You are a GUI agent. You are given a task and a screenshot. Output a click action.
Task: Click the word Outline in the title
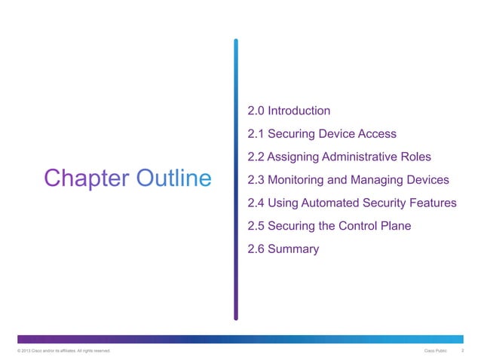tap(174, 178)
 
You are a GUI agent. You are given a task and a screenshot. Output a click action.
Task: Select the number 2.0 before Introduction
tap(256, 111)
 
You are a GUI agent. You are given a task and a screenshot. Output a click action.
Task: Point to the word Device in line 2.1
tap(336, 135)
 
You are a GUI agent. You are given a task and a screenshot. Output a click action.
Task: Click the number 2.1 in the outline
tap(256, 135)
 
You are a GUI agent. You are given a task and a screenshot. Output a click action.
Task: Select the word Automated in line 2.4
tap(339, 203)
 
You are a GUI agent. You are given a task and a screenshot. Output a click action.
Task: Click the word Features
tap(431, 203)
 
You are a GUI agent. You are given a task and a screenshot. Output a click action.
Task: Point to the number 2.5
tap(256, 226)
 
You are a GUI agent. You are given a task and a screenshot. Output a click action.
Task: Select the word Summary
tap(293, 249)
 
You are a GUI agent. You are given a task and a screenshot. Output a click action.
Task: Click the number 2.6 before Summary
tap(256, 249)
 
